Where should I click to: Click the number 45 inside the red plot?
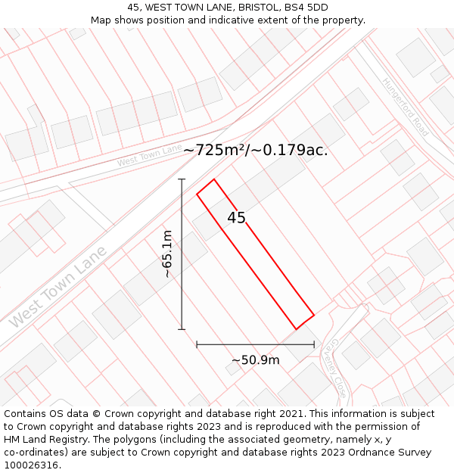tap(236, 218)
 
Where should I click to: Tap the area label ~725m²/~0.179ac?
tap(256, 150)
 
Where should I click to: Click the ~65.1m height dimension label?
tap(167, 254)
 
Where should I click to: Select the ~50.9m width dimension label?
tap(256, 360)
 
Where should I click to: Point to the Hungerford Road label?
tap(405, 107)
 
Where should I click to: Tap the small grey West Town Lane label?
tap(149, 155)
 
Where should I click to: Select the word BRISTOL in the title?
tap(244, 8)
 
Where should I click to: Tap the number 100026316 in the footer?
tap(32, 465)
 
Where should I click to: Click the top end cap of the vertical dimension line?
tap(182, 179)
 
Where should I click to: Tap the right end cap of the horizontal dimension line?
tap(314, 344)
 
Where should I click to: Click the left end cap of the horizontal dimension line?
tap(197, 344)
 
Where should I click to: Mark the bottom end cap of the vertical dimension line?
tap(182, 329)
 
